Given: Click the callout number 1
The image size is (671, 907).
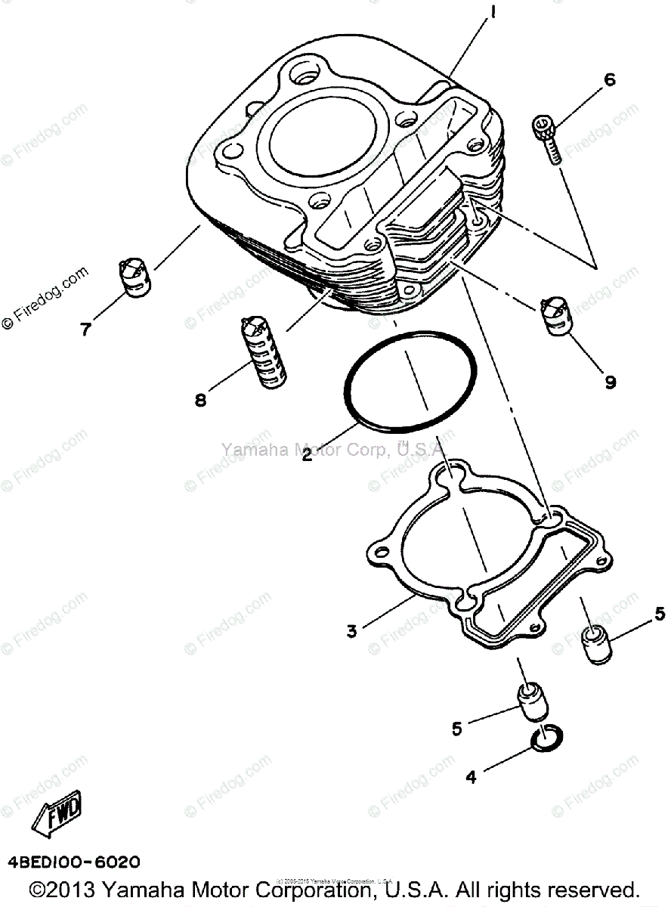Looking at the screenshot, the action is click(493, 13).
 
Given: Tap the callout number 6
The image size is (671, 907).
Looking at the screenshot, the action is click(609, 79).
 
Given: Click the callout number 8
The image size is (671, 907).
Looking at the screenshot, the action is click(200, 401).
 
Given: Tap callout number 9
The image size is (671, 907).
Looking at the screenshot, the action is click(609, 382).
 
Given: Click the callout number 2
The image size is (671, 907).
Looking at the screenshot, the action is click(308, 456).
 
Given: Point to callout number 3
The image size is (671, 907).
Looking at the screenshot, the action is click(352, 631).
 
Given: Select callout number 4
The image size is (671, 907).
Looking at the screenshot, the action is click(472, 776).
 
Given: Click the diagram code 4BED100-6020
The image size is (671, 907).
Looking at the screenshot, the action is click(74, 862).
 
